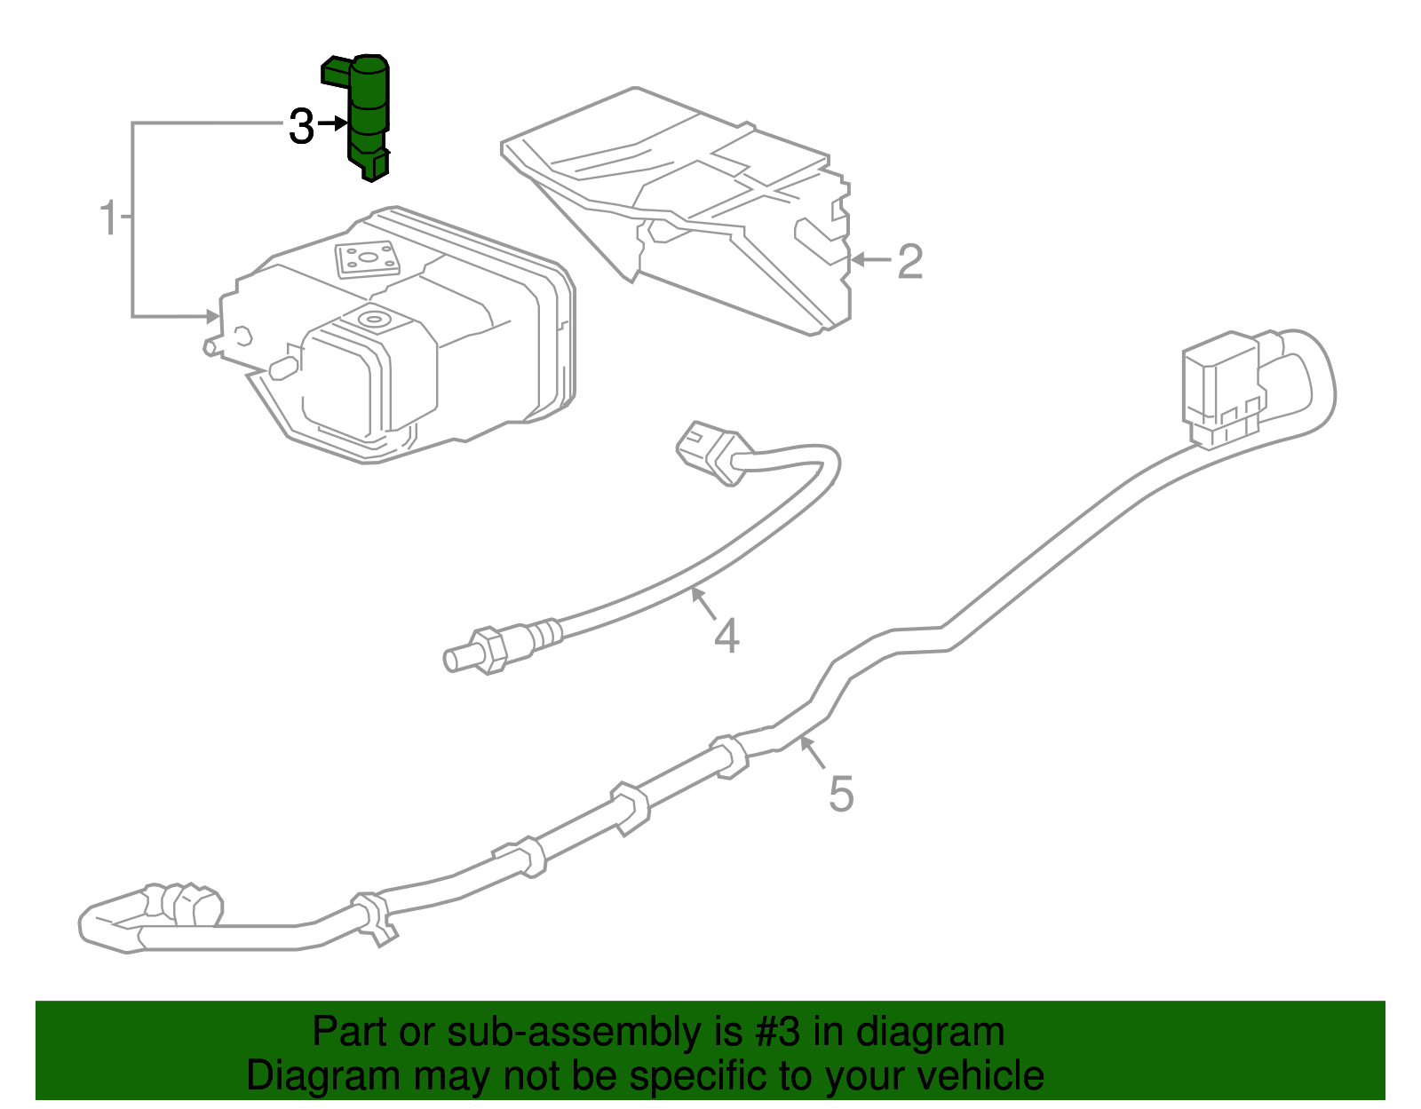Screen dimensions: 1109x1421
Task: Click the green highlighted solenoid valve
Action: point(367,115)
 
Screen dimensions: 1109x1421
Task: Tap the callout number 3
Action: point(301,127)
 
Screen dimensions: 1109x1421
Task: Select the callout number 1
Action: point(108,218)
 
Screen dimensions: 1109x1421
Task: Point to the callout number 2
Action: point(909,262)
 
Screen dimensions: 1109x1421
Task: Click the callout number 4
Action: point(726,637)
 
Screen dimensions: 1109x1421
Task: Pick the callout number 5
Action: point(840,794)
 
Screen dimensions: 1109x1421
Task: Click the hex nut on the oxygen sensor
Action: point(488,651)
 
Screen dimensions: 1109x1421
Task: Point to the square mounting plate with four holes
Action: point(366,259)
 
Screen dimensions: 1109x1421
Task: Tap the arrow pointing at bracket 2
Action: point(870,260)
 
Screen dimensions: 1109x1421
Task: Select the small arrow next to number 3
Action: point(332,124)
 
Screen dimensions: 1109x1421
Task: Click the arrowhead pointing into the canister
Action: point(211,316)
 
